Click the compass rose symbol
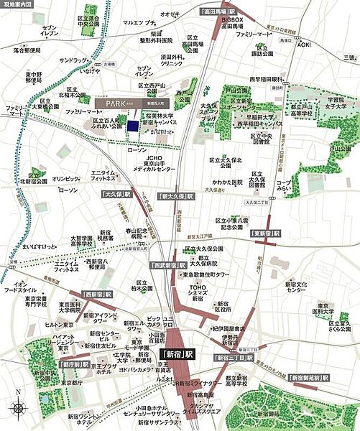17,409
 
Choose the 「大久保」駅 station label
117,195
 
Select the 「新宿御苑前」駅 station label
308,377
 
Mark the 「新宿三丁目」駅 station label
232,356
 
